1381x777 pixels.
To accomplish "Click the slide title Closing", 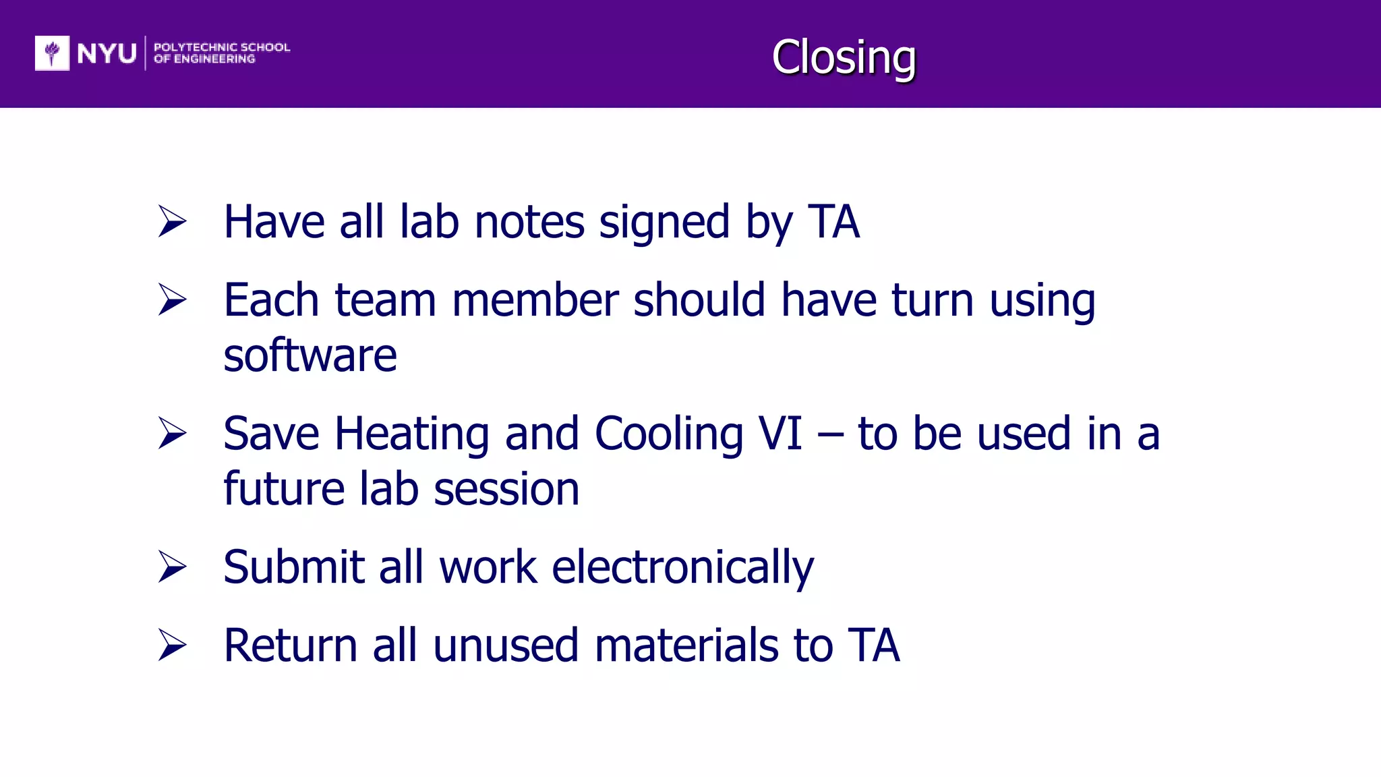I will (844, 57).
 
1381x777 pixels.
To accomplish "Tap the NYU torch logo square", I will (52, 53).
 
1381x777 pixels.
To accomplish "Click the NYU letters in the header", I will (107, 53).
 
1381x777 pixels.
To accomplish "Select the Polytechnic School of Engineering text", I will (221, 53).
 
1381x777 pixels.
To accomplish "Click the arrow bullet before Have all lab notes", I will (172, 221).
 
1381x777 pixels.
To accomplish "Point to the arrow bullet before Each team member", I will (172, 299).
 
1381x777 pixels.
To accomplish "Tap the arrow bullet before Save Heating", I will (172, 433).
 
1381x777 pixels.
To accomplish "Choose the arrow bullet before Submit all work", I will (172, 567).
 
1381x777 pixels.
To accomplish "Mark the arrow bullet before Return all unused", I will (172, 645).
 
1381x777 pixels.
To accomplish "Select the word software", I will (310, 355).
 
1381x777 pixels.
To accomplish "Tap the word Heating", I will (411, 434).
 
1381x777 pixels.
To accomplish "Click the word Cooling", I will (669, 434).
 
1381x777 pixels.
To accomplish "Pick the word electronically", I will (682, 568).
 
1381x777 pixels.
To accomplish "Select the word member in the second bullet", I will (535, 300).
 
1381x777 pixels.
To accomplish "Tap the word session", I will (506, 489).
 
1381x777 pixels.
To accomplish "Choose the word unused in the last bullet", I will (506, 645).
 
